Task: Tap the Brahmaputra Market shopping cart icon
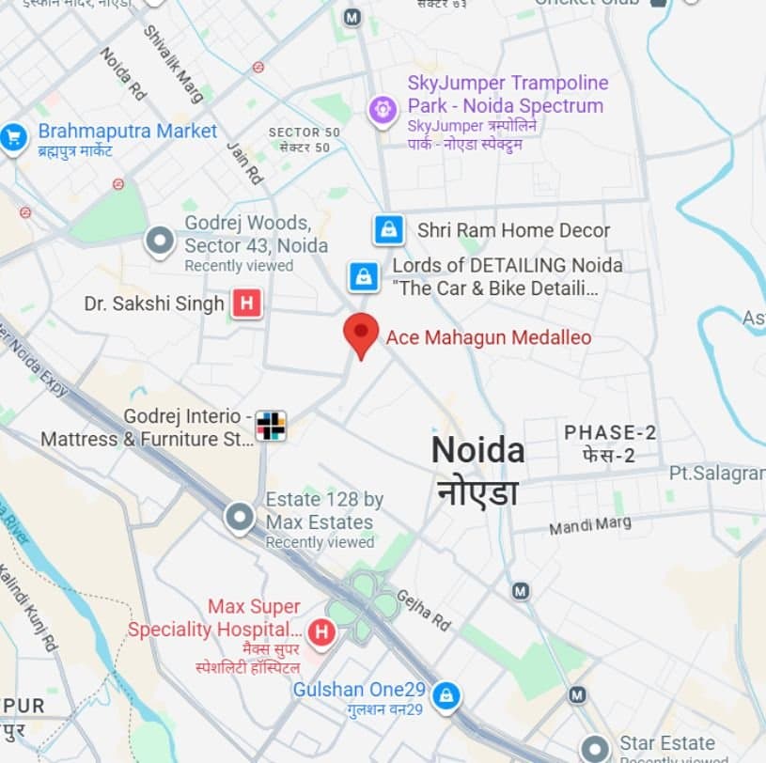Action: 13,137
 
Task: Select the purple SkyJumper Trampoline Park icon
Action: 383,110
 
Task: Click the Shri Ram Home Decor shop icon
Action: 388,229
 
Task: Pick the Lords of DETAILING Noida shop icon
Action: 363,276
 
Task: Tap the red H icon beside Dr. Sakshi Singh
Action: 246,304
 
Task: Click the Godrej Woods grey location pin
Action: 160,241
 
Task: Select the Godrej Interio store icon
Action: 271,427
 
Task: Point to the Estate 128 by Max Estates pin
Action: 240,516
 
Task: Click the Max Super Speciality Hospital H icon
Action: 321,632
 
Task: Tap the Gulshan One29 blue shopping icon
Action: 447,694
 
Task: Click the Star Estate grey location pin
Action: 595,748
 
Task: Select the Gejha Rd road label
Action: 424,610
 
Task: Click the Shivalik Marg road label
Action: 172,62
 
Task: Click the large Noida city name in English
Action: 477,450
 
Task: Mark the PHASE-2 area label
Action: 610,432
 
